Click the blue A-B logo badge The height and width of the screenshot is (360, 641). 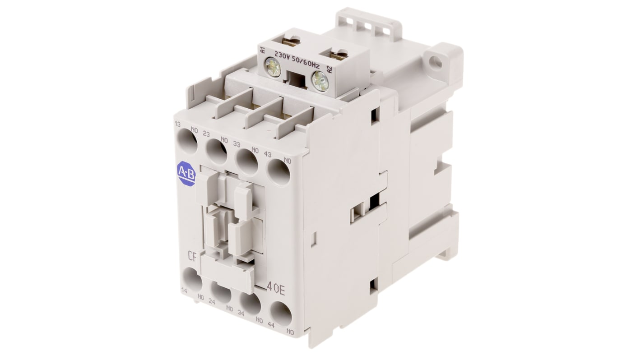click(x=186, y=174)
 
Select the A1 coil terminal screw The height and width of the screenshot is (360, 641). click(x=273, y=67)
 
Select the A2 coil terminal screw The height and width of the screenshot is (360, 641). click(x=320, y=81)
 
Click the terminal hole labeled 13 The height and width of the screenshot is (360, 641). click(x=187, y=141)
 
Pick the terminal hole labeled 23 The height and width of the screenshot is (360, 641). click(x=217, y=152)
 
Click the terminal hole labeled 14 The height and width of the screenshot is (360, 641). click(x=192, y=279)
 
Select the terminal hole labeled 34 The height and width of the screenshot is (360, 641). click(x=251, y=303)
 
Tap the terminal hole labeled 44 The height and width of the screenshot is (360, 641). click(x=281, y=314)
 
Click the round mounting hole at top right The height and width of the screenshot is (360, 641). click(x=435, y=63)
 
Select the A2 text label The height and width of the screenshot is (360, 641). click(x=329, y=70)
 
